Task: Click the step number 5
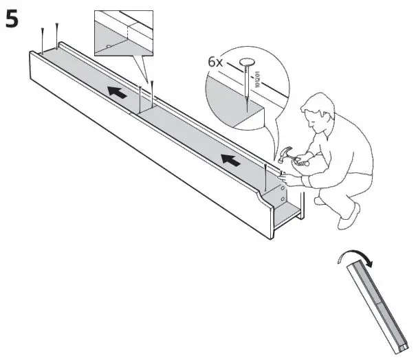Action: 12,19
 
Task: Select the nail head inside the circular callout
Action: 247,64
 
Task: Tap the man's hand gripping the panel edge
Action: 289,177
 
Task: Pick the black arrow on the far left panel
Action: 118,92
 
